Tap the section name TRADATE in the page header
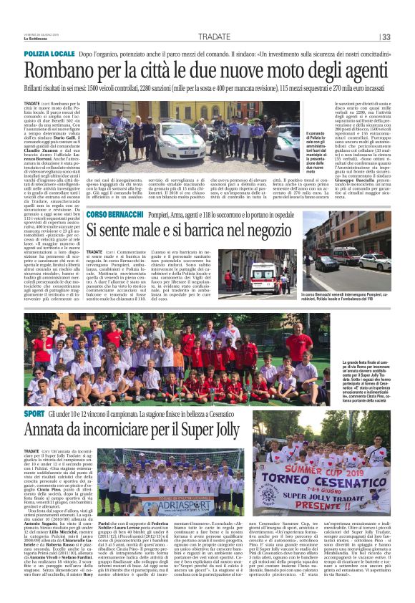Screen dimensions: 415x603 (215, 37)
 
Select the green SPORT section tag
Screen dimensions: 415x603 (34, 414)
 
